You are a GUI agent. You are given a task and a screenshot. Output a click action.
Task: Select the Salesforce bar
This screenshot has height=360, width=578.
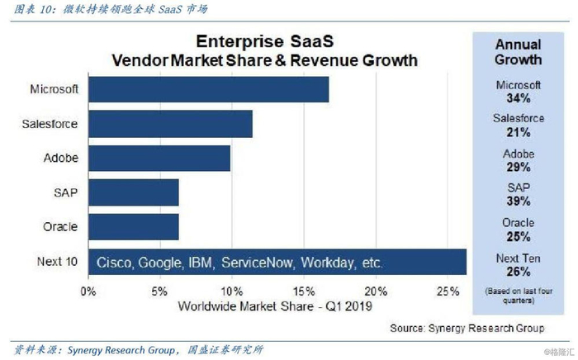point(169,124)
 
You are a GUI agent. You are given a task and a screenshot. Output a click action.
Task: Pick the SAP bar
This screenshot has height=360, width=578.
point(133,192)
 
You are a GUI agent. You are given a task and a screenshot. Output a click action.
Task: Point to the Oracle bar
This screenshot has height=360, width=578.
point(133,226)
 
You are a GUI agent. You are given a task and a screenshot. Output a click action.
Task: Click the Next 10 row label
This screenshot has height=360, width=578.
point(58,262)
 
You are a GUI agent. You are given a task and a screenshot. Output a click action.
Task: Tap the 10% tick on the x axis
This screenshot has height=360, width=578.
point(232,291)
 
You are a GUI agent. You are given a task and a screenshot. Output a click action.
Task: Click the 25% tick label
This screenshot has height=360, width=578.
point(448,291)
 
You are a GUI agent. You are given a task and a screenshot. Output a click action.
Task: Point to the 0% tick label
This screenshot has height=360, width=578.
point(88,291)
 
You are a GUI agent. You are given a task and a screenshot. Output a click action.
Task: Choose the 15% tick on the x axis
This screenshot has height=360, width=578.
point(304,291)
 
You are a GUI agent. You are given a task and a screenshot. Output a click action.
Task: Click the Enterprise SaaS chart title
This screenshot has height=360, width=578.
point(265,42)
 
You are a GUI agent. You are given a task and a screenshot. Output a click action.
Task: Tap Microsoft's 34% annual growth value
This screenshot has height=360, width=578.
point(519,98)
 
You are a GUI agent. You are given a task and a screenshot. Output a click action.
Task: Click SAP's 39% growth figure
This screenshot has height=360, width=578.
point(519,201)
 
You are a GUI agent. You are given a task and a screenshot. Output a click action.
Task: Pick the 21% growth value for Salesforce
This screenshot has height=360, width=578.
point(519,132)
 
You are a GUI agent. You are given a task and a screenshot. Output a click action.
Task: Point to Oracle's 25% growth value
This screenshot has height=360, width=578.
point(519,235)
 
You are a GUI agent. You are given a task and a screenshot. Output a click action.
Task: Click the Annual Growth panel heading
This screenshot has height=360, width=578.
point(519,51)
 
